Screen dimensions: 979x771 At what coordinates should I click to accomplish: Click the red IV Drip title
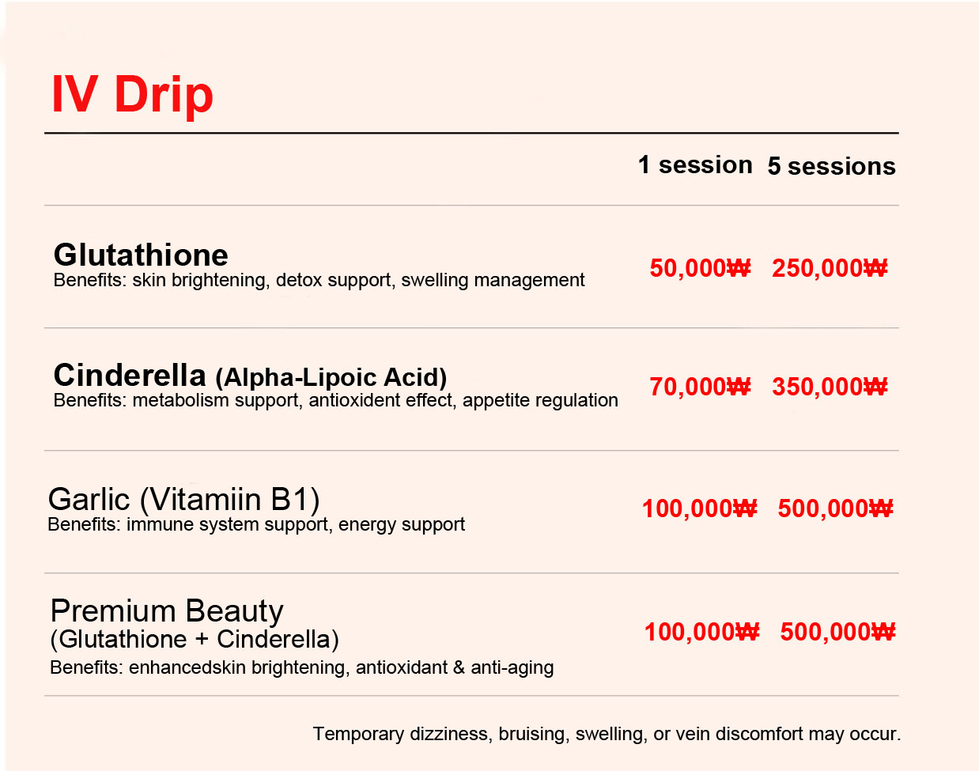132,94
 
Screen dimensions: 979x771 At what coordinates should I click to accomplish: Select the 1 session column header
695,164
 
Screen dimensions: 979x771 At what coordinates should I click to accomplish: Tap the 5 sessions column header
832,166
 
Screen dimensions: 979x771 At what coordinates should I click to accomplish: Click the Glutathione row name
141,255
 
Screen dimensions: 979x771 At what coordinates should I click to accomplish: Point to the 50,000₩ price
700,267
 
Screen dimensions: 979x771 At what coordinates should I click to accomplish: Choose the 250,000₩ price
830,267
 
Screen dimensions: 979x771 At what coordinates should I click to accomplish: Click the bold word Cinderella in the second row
130,376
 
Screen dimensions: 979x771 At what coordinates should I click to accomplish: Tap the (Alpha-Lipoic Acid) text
331,377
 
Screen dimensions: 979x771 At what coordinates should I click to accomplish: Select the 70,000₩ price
700,387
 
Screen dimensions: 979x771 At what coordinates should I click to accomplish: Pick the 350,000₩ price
830,387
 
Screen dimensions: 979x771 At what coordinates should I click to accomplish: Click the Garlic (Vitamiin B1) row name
183,500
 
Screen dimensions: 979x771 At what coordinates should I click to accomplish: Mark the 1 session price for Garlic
699,508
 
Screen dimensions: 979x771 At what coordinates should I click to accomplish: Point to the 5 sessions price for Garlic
835,508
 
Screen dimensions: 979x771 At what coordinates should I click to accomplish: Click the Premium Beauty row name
167,612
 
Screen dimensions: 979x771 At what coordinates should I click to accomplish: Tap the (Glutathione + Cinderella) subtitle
195,640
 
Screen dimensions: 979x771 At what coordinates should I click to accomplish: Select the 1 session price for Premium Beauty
701,632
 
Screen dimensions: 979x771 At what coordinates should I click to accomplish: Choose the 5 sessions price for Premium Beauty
837,632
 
